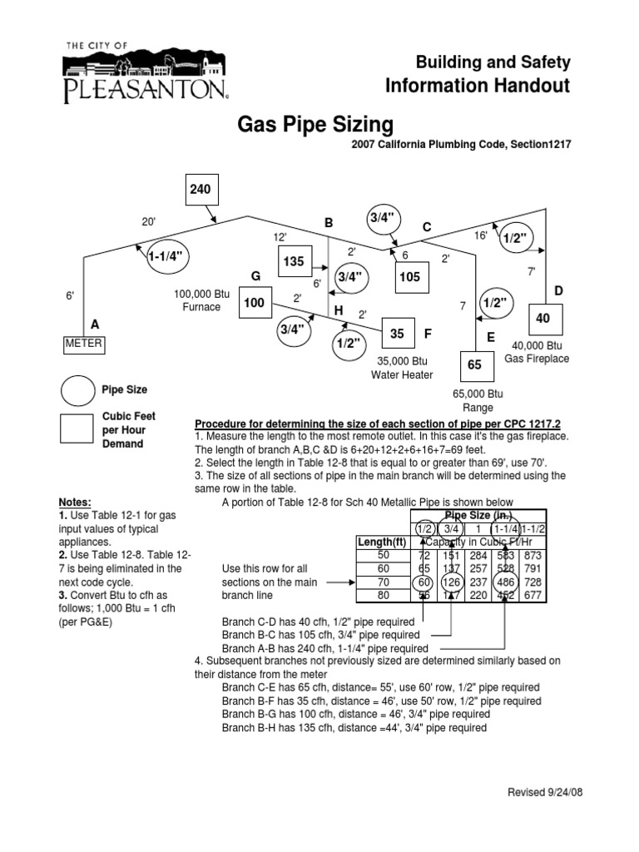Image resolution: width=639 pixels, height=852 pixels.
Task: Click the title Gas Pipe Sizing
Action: [x=315, y=125]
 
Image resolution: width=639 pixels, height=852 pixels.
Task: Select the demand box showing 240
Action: [x=200, y=189]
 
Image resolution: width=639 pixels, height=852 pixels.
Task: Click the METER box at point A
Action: [x=84, y=344]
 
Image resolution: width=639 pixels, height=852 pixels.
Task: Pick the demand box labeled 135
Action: [x=295, y=262]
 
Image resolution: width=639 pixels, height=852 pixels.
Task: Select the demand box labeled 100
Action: [x=254, y=304]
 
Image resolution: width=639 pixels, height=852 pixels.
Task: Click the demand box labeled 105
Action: [x=410, y=277]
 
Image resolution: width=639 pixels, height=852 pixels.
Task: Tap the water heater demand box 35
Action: [x=397, y=334]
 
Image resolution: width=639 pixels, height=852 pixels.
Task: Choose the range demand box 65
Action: [x=474, y=364]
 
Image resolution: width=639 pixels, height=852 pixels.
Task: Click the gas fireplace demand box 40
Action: [x=543, y=319]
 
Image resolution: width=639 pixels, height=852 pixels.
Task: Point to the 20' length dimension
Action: [x=149, y=221]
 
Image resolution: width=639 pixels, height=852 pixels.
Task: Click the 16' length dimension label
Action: [x=480, y=236]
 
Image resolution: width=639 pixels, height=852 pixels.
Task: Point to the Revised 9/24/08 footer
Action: [x=545, y=793]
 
